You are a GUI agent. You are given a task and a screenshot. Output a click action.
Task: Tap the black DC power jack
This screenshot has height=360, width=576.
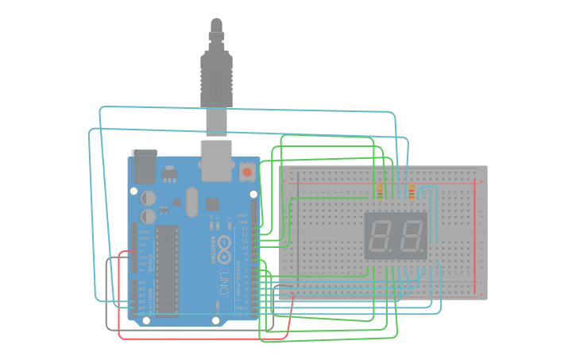pos(144,164)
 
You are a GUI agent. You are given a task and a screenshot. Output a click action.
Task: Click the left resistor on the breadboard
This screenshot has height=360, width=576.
pos(380,192)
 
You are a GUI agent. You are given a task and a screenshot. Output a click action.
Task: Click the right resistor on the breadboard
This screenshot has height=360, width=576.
pos(411,192)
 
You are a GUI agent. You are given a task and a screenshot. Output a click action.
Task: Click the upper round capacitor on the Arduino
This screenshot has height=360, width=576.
pos(149,197)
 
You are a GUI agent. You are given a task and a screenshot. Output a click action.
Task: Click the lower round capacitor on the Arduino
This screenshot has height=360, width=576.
pos(149,215)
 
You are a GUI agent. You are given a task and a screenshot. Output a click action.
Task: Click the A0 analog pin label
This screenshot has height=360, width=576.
pos(141,283)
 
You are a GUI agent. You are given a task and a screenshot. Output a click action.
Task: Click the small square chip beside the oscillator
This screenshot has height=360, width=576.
pos(213,204)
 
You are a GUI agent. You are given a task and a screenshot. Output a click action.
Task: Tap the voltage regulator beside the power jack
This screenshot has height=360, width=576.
pos(169,172)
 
